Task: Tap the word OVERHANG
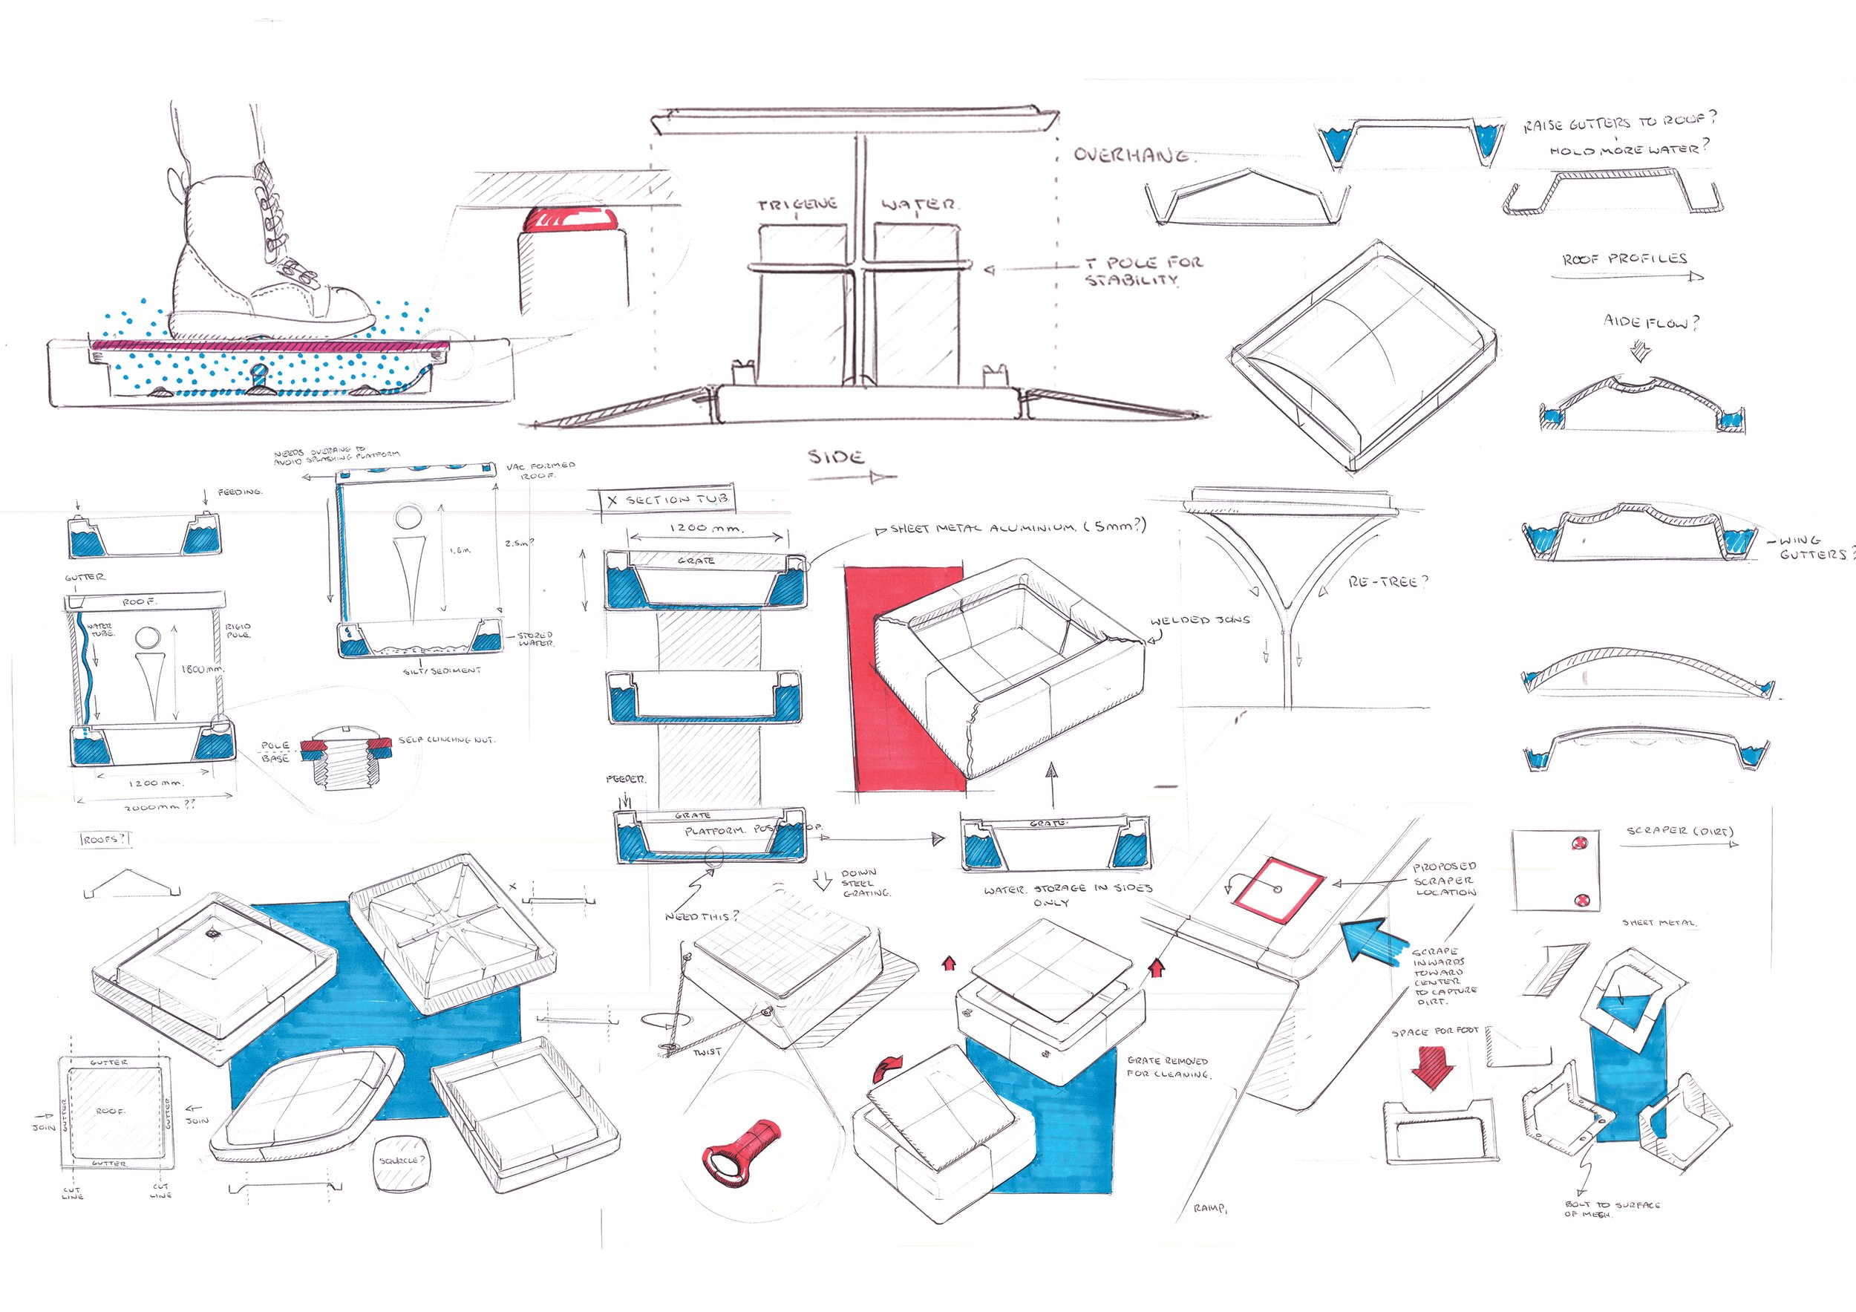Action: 1131,155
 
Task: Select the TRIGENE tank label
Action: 797,204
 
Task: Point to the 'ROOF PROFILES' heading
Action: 1625,259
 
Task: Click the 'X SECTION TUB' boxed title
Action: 667,500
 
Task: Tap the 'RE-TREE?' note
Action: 1387,581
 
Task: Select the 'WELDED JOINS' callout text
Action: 1200,620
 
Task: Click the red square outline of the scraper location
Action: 1277,890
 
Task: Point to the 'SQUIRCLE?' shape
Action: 400,1163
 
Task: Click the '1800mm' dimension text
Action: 201,669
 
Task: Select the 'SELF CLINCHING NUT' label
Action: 445,740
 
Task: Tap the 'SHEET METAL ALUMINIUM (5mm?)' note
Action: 1018,527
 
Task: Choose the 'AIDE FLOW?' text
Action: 1650,322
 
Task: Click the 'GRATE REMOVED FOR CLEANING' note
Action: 1167,1067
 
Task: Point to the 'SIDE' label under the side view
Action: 836,457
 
